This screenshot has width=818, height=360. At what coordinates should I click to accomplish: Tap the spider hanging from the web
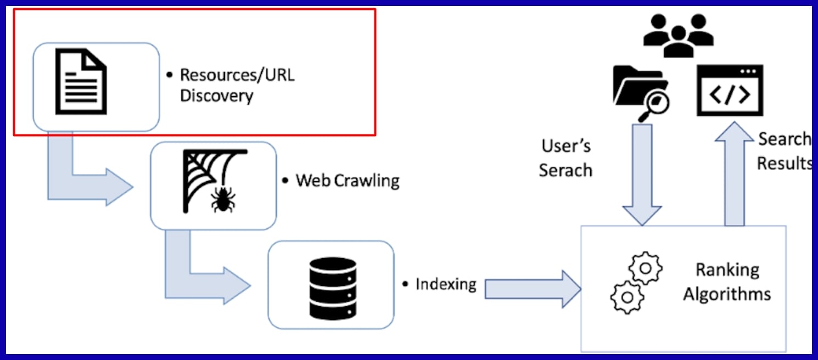point(223,200)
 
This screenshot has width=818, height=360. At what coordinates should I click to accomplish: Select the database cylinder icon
point(333,284)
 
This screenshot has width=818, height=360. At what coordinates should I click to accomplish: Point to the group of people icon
point(679,35)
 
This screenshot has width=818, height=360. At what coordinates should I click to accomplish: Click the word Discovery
point(217,96)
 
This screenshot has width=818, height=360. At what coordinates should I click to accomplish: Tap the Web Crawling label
point(348,180)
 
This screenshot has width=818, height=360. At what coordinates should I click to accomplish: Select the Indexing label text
point(445,284)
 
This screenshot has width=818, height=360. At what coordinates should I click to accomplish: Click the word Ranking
point(727,270)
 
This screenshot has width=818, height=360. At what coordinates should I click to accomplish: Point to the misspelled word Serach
point(565,170)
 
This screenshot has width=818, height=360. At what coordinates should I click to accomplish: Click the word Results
point(785,164)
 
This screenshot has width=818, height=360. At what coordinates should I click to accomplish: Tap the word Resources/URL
point(237,75)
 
